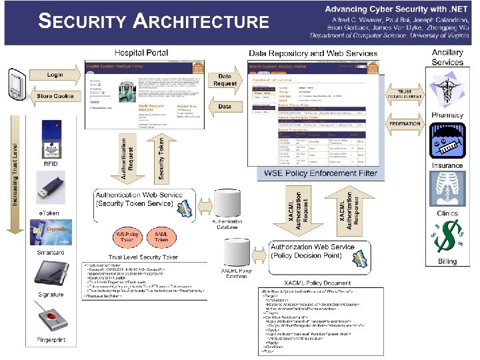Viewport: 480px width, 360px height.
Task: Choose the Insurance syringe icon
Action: tap(447, 143)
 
